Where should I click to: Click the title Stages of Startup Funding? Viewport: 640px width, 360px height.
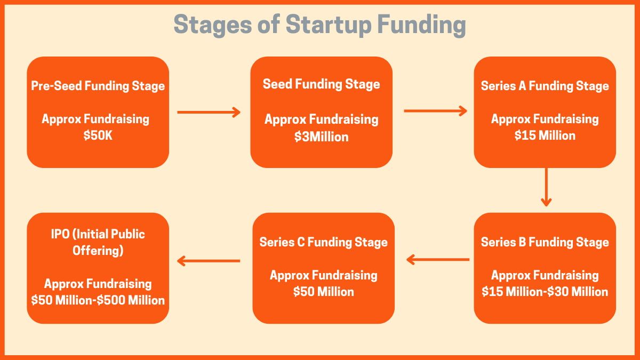[320, 25]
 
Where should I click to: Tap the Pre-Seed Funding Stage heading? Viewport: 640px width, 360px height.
[98, 86]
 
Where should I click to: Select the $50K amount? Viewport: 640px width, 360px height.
[98, 135]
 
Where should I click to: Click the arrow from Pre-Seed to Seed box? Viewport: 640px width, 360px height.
[209, 112]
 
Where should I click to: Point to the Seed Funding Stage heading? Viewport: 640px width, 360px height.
[321, 84]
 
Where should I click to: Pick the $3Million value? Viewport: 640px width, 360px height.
[321, 137]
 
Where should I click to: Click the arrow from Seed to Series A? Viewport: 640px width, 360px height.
[435, 111]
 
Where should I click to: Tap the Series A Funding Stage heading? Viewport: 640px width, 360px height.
[545, 86]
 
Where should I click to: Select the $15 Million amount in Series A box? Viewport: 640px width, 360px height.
[545, 135]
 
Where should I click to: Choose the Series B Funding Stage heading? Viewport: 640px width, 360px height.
[545, 242]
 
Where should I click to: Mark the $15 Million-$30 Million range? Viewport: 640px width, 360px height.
[545, 292]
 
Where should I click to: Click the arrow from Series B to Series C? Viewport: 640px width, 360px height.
[437, 260]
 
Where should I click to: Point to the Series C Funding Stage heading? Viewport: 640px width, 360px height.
[323, 242]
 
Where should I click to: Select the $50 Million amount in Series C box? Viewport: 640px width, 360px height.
[323, 292]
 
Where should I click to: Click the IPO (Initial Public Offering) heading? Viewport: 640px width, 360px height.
[98, 242]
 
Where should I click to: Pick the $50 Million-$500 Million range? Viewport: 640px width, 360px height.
[98, 300]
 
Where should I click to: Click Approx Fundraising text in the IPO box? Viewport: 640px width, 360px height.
[98, 284]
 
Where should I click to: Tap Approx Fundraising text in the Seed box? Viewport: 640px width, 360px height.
[321, 119]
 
